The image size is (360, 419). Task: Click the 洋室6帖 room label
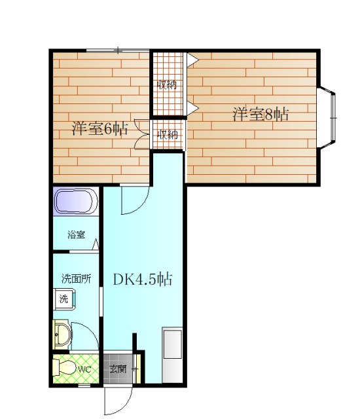click(99, 129)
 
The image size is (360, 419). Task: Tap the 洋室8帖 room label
click(261, 115)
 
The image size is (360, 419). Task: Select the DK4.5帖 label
click(143, 280)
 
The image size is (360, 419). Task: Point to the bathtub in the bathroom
click(76, 201)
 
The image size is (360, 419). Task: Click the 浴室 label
click(77, 234)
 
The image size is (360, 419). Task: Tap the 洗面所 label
click(76, 279)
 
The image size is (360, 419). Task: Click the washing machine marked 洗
click(64, 299)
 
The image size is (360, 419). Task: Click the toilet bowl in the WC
click(64, 368)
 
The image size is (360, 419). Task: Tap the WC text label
click(84, 370)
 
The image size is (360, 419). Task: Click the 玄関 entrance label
click(118, 369)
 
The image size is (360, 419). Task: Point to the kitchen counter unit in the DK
click(173, 355)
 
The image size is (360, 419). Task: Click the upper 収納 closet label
click(168, 84)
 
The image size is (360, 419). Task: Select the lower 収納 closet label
click(168, 135)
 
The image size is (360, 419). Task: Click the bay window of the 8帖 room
click(327, 117)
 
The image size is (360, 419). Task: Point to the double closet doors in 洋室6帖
click(142, 134)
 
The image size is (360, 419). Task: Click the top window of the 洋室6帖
click(118, 50)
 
